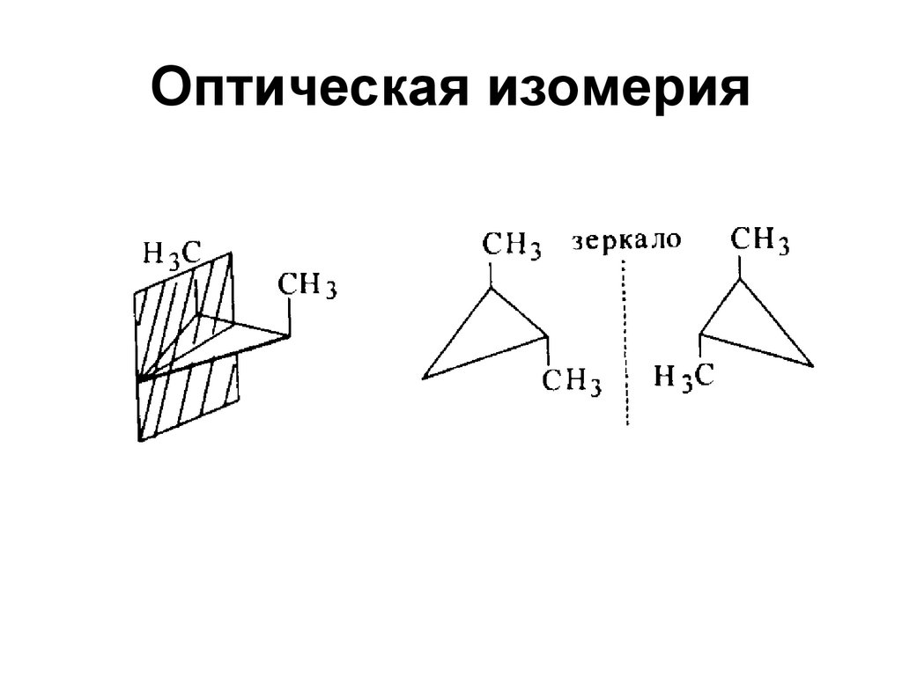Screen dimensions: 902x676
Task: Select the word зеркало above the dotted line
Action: (x=626, y=239)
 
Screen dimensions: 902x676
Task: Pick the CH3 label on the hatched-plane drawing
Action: (x=307, y=286)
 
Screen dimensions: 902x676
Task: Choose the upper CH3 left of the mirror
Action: (x=511, y=245)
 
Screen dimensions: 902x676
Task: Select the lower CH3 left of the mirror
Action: (x=572, y=381)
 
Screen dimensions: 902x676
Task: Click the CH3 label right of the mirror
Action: (x=760, y=239)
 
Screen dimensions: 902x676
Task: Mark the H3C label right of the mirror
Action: (x=683, y=377)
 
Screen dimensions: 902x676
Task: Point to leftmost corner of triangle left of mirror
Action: (x=425, y=378)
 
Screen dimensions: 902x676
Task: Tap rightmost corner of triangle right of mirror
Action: (x=812, y=363)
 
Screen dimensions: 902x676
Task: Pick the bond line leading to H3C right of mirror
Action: (x=700, y=348)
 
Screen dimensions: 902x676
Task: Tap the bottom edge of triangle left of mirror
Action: (x=484, y=357)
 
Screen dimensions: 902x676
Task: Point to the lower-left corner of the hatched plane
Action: (x=138, y=438)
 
